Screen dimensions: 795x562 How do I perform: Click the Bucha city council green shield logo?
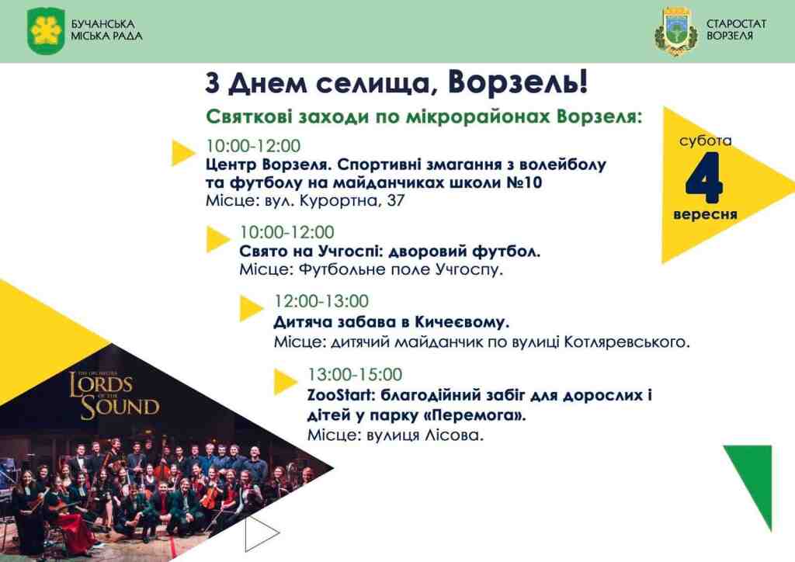tap(46, 30)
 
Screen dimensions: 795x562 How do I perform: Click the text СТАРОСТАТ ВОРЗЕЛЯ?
tap(736, 30)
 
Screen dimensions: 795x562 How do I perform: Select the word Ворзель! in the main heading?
tap(518, 82)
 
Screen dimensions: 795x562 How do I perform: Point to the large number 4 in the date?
tap(704, 177)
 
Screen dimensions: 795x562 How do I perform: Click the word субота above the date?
tap(705, 140)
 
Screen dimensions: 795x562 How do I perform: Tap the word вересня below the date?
tap(705, 214)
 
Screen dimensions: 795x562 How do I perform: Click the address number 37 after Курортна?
tap(395, 201)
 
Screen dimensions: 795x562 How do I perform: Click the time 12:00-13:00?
tap(321, 301)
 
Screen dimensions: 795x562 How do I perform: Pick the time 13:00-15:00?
tap(355, 374)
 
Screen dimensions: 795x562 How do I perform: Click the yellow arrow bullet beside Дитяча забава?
tap(251, 307)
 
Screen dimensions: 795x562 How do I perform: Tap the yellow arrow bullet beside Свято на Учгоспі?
tap(218, 239)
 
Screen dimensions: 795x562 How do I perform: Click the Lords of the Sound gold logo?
tap(114, 396)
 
